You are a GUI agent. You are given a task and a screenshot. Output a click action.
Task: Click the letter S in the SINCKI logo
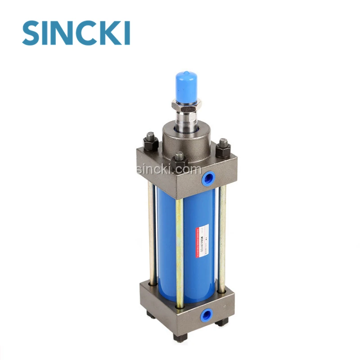point(33,32)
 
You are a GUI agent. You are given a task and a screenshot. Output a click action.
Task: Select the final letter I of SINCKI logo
point(126,32)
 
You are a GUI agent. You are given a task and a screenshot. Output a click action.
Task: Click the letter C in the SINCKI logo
point(87,32)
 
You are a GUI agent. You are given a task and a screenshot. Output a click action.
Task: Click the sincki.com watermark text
point(168,170)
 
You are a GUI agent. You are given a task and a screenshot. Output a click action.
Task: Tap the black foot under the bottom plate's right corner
point(221,321)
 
